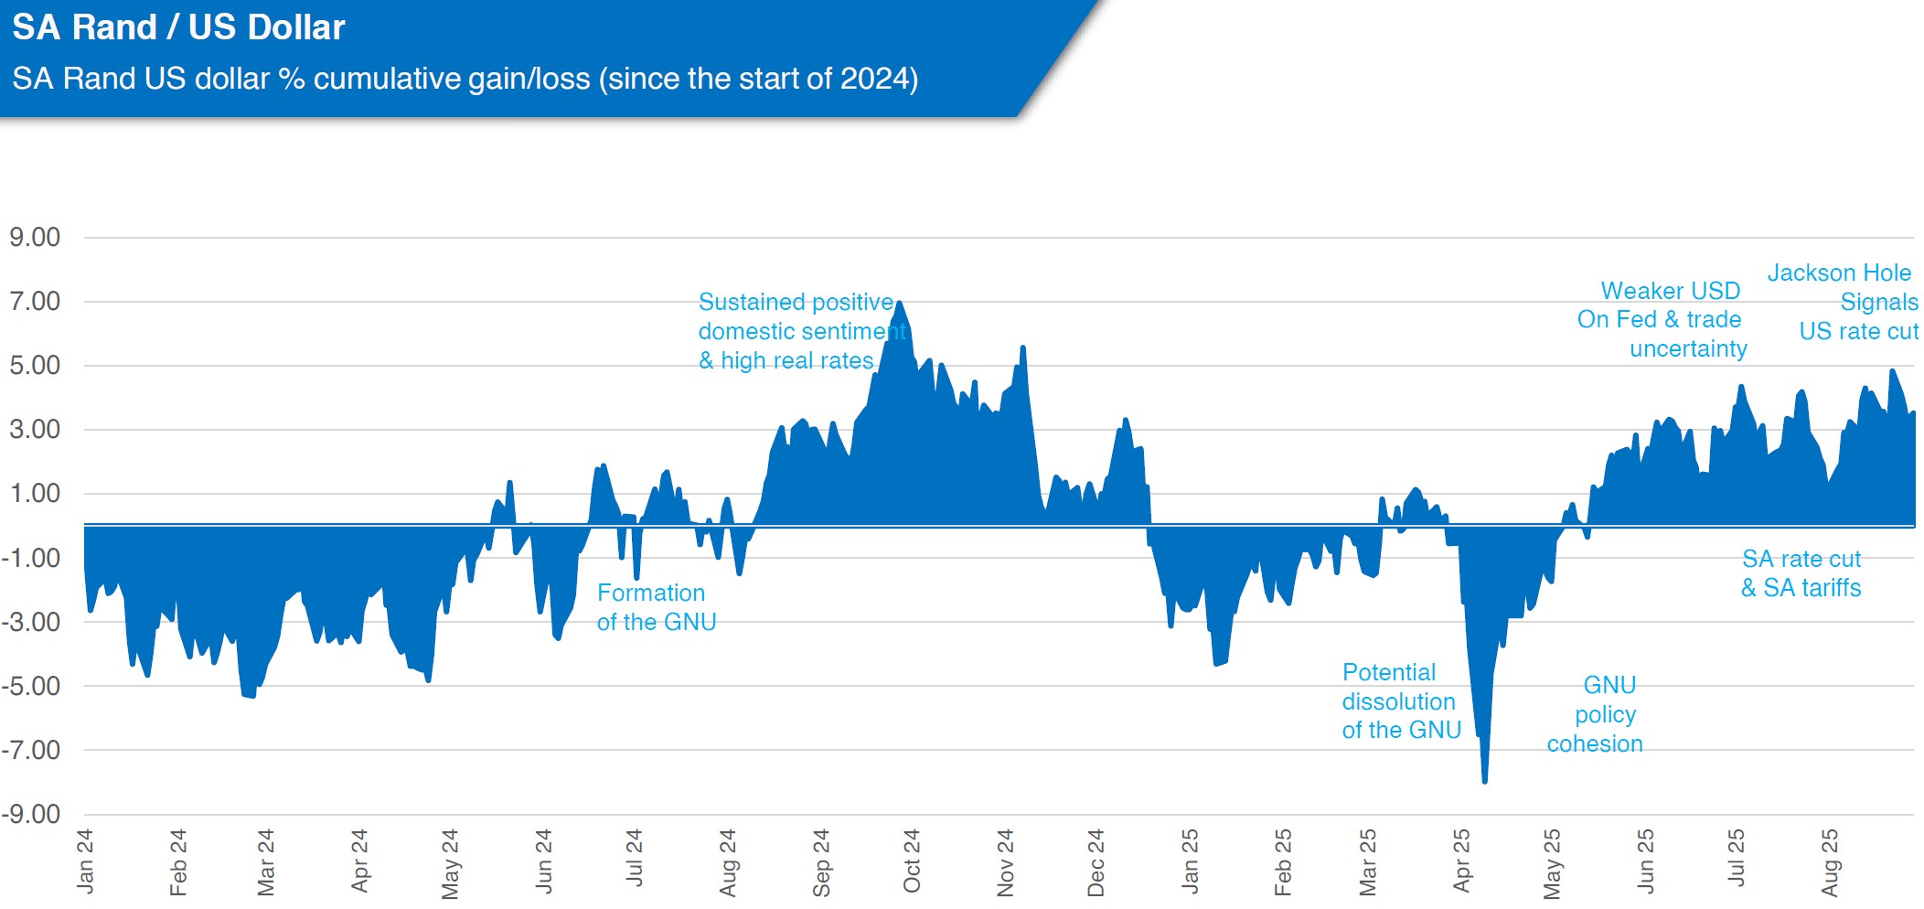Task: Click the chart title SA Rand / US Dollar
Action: point(178,27)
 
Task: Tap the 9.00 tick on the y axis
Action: point(35,238)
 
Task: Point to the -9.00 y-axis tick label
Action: point(31,814)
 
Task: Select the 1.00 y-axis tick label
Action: point(35,494)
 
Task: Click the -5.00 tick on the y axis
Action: point(31,686)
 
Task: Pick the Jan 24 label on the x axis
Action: point(85,861)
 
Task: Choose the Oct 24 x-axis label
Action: point(912,861)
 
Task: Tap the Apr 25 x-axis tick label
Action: point(1462,861)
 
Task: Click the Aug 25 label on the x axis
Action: point(1830,863)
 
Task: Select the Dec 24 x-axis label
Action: point(1096,863)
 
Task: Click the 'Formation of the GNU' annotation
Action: point(657,607)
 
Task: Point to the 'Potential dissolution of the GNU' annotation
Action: point(1402,701)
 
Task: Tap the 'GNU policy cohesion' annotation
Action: point(1596,714)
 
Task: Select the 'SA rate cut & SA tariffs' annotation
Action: point(1801,573)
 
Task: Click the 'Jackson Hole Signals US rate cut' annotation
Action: point(1843,302)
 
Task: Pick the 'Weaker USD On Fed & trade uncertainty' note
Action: point(1662,319)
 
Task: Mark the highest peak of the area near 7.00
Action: point(900,302)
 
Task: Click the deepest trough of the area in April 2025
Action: point(1484,782)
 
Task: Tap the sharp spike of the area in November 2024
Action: point(1023,348)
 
